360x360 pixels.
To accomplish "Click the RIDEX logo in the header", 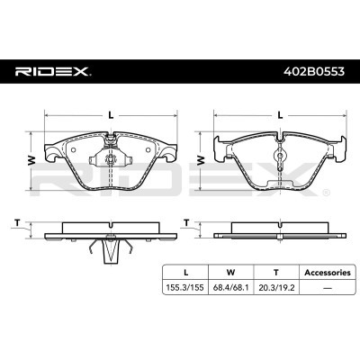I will coord(51,69).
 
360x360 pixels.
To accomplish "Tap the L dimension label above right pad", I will coord(281,113).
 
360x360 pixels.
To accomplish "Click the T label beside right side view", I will coord(186,221).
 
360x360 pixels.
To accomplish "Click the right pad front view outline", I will coord(281,162).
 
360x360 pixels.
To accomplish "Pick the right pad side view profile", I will coord(281,232).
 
